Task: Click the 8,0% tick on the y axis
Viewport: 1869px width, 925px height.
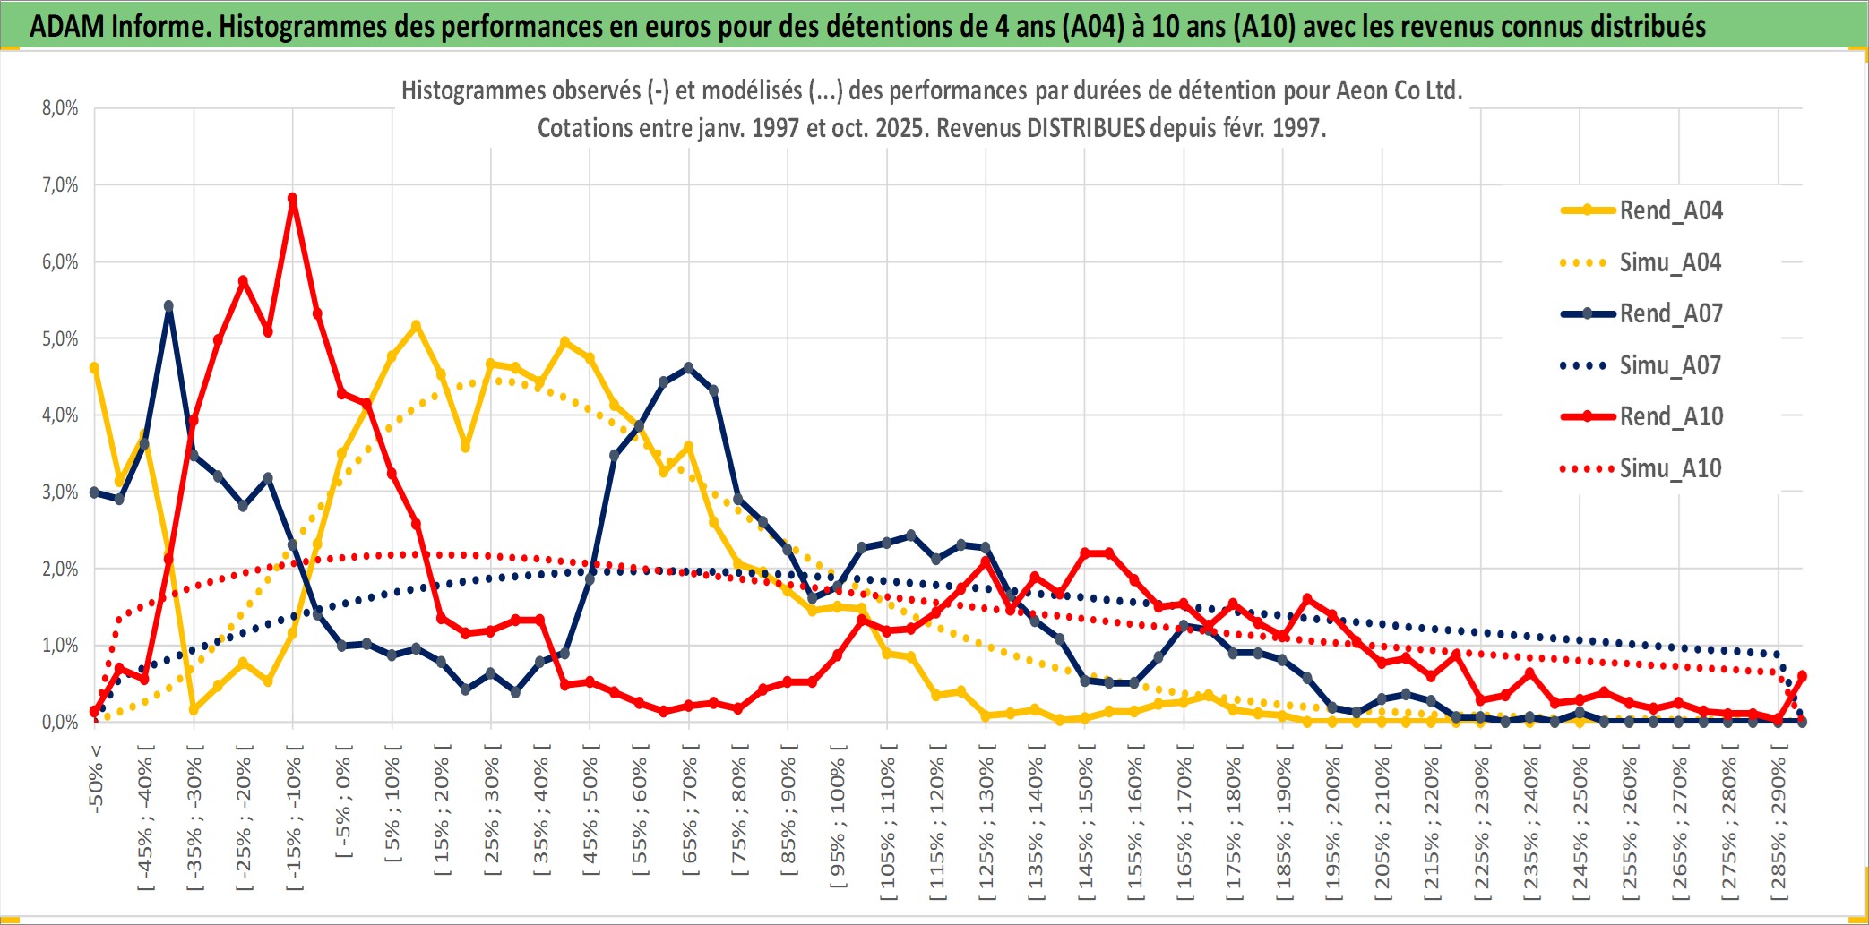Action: click(x=60, y=108)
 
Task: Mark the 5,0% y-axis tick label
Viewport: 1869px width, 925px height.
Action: click(x=60, y=338)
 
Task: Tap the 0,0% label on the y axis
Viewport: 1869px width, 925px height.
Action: click(x=60, y=722)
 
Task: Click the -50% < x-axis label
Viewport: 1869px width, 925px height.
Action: click(x=96, y=778)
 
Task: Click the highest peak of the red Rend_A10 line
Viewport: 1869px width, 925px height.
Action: click(x=292, y=198)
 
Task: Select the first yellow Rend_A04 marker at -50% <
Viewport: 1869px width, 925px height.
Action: click(x=94, y=367)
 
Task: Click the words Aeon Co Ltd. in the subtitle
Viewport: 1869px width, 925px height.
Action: click(x=1399, y=90)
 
